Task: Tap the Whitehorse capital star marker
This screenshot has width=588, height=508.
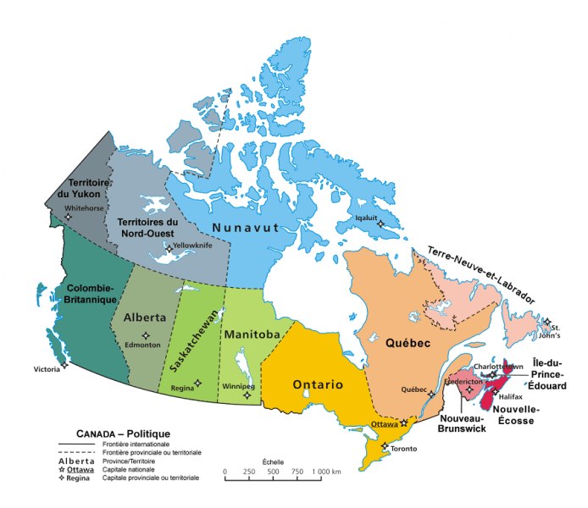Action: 68,216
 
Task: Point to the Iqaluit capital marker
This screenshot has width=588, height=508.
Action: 380,224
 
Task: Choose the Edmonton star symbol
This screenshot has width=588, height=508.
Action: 145,335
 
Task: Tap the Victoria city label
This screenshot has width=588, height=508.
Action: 47,370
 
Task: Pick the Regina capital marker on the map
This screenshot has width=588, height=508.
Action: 198,383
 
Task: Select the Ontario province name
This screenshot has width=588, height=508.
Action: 318,385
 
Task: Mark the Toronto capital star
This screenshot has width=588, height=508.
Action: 386,446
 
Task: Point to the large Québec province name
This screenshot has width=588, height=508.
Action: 409,343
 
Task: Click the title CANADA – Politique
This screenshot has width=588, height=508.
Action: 123,433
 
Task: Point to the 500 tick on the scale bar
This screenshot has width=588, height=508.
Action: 273,471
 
